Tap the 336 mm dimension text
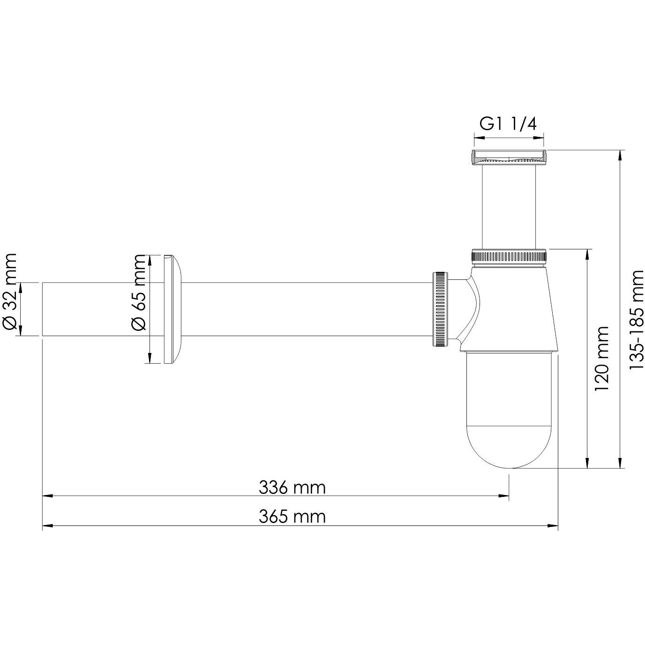point(292,487)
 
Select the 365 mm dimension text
point(292,517)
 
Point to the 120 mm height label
point(601,359)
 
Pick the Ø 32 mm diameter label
point(10,292)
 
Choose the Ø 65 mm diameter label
point(139,292)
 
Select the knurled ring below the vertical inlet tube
point(509,257)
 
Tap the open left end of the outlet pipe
point(44,309)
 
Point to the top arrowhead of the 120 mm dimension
point(586,253)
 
